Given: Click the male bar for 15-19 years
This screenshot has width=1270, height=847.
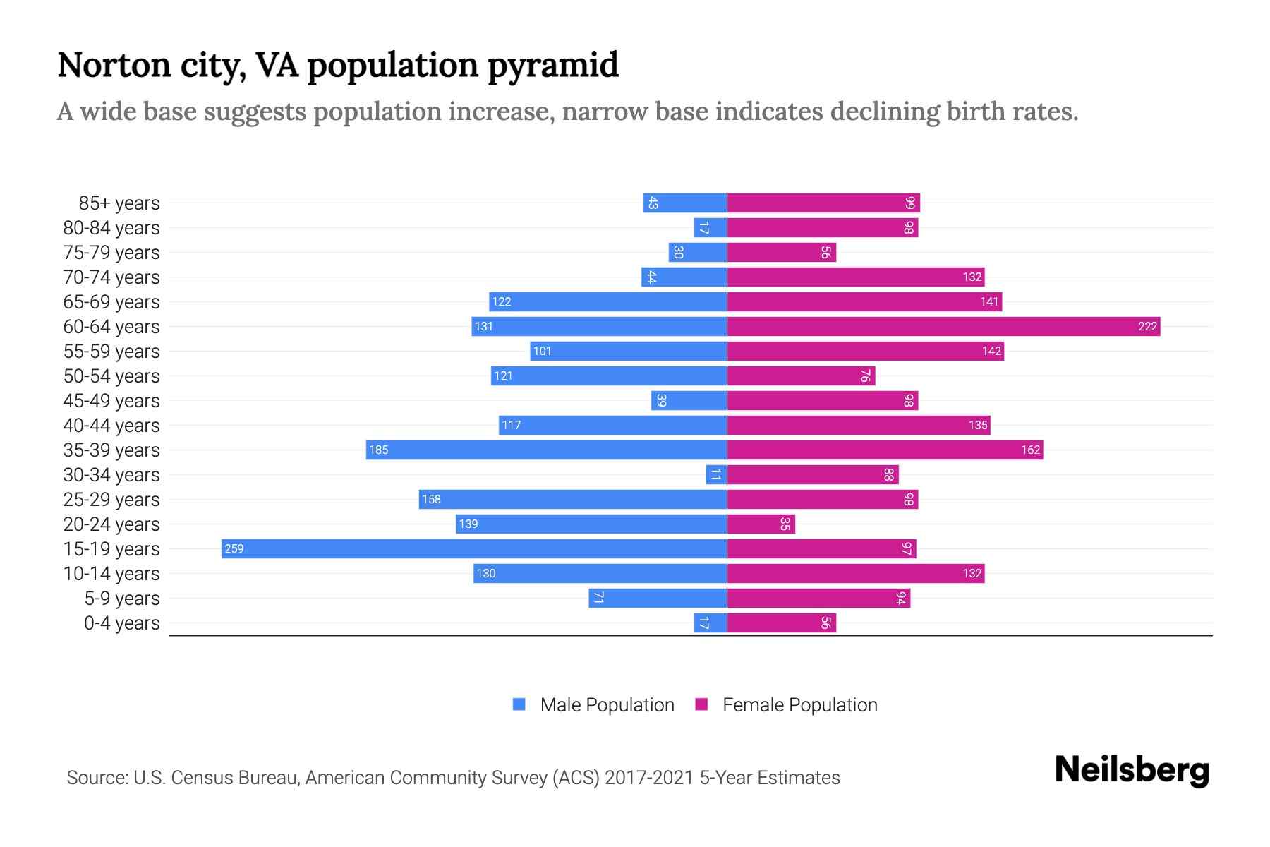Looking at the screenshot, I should tap(474, 549).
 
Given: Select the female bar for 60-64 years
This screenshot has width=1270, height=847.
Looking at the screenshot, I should tap(943, 327).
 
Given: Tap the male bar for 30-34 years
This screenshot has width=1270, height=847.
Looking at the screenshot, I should tap(716, 475).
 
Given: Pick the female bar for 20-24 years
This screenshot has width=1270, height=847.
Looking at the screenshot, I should tap(761, 524).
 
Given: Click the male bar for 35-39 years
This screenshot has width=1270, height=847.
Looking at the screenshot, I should tap(546, 450).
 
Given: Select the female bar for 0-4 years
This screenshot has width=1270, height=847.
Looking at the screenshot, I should tap(781, 623).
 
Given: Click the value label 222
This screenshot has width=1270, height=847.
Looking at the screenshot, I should tap(1147, 327).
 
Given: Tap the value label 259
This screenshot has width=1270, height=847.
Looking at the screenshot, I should tap(234, 549).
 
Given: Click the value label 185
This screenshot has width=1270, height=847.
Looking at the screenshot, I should tap(379, 450).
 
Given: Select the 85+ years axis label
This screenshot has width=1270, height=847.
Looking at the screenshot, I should tap(119, 203).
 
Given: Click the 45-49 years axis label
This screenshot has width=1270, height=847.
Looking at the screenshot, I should tap(111, 401).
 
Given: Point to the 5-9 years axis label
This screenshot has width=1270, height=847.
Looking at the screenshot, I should tap(122, 599).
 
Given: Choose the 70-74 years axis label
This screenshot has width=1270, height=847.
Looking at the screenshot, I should tap(111, 277).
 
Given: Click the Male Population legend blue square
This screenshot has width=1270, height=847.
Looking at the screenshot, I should tap(519, 704).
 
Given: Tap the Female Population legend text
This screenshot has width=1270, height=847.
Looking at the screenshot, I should tap(799, 705).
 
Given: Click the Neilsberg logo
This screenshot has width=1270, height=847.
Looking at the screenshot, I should tap(1132, 770).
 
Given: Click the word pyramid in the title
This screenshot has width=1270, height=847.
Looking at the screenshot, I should tap(552, 66).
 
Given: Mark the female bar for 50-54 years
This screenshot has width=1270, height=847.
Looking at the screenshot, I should tap(801, 376).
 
